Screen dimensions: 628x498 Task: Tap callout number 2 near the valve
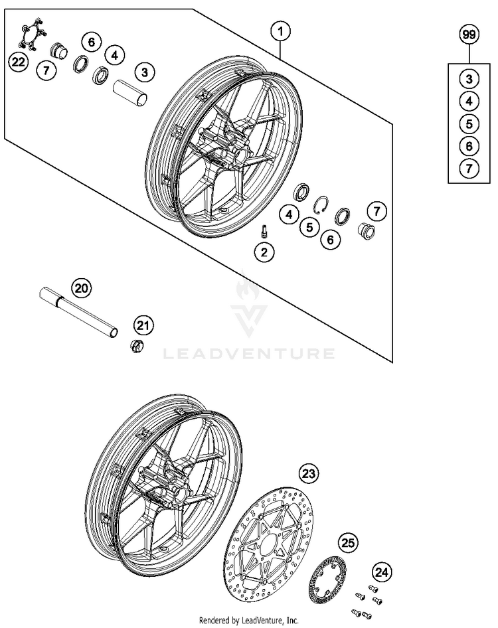pos(265,252)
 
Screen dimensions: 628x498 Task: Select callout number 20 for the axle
pos(80,288)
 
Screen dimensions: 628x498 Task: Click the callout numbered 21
pos(143,325)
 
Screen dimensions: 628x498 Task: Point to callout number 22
pos(18,62)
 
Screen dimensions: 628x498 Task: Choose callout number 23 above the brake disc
pos(308,473)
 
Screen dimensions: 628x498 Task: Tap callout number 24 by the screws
pos(380,570)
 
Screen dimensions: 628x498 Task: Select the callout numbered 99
pos(469,34)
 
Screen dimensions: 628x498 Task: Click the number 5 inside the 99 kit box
pos(469,123)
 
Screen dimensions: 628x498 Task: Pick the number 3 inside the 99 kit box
pos(469,79)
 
